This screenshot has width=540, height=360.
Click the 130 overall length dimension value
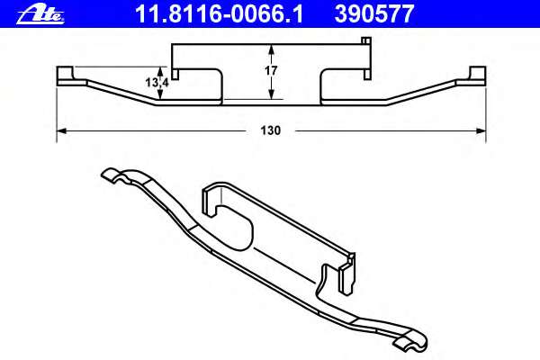pyautogui.click(x=271, y=130)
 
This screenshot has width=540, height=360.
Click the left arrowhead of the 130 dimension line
pyautogui.click(x=61, y=130)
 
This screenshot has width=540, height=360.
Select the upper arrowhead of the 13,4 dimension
pyautogui.click(x=161, y=70)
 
